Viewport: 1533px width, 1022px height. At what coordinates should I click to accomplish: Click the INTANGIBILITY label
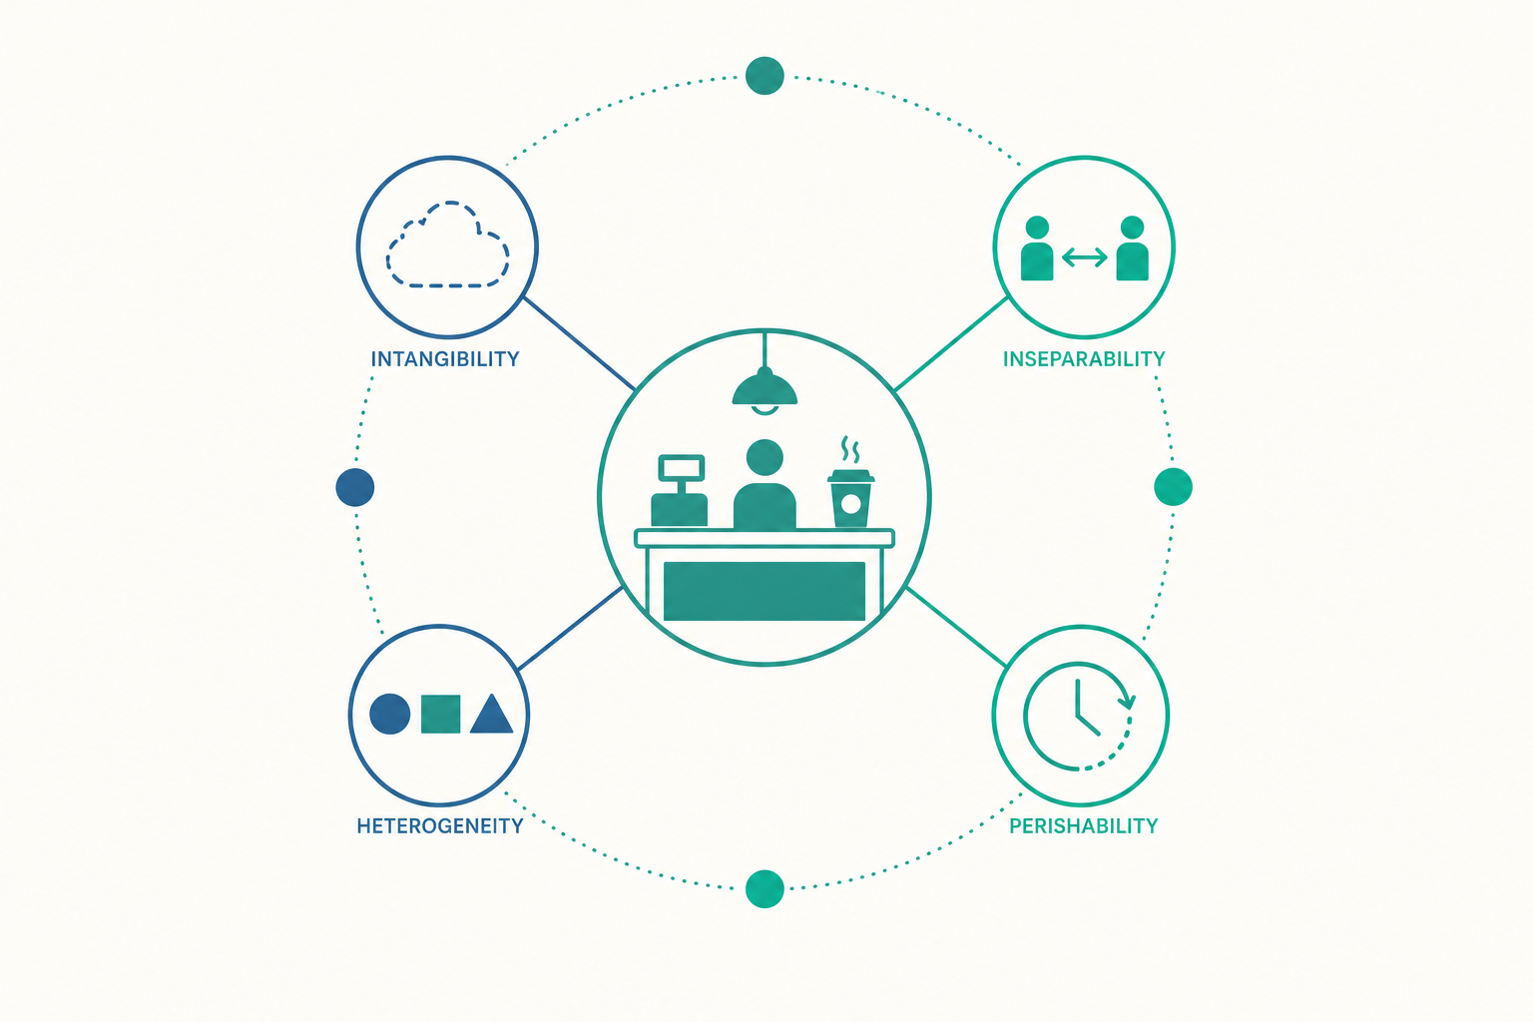[x=445, y=359]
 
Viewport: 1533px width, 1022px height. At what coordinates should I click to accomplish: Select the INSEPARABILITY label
[x=1084, y=359]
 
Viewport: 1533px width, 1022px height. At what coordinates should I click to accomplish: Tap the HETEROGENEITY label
[x=440, y=825]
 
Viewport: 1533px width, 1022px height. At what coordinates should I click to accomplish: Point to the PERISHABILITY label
[x=1083, y=825]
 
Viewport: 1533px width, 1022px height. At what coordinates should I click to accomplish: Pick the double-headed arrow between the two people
[x=1084, y=257]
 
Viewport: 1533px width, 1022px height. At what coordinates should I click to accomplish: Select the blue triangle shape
[x=492, y=714]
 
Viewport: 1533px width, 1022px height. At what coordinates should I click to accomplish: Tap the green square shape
[x=441, y=714]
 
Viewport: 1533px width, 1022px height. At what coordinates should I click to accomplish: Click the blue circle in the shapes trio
[x=390, y=714]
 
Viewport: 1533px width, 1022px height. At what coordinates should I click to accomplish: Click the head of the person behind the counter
[x=765, y=457]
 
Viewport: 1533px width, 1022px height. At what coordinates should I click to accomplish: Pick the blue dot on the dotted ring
[x=355, y=487]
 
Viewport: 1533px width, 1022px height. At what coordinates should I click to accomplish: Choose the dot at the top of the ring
[x=765, y=75]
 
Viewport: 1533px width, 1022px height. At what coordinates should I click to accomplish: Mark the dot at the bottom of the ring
[x=765, y=888]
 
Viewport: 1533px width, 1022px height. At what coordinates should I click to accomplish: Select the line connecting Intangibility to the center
[x=579, y=343]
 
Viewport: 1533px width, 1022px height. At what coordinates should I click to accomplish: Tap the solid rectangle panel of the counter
[x=765, y=592]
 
